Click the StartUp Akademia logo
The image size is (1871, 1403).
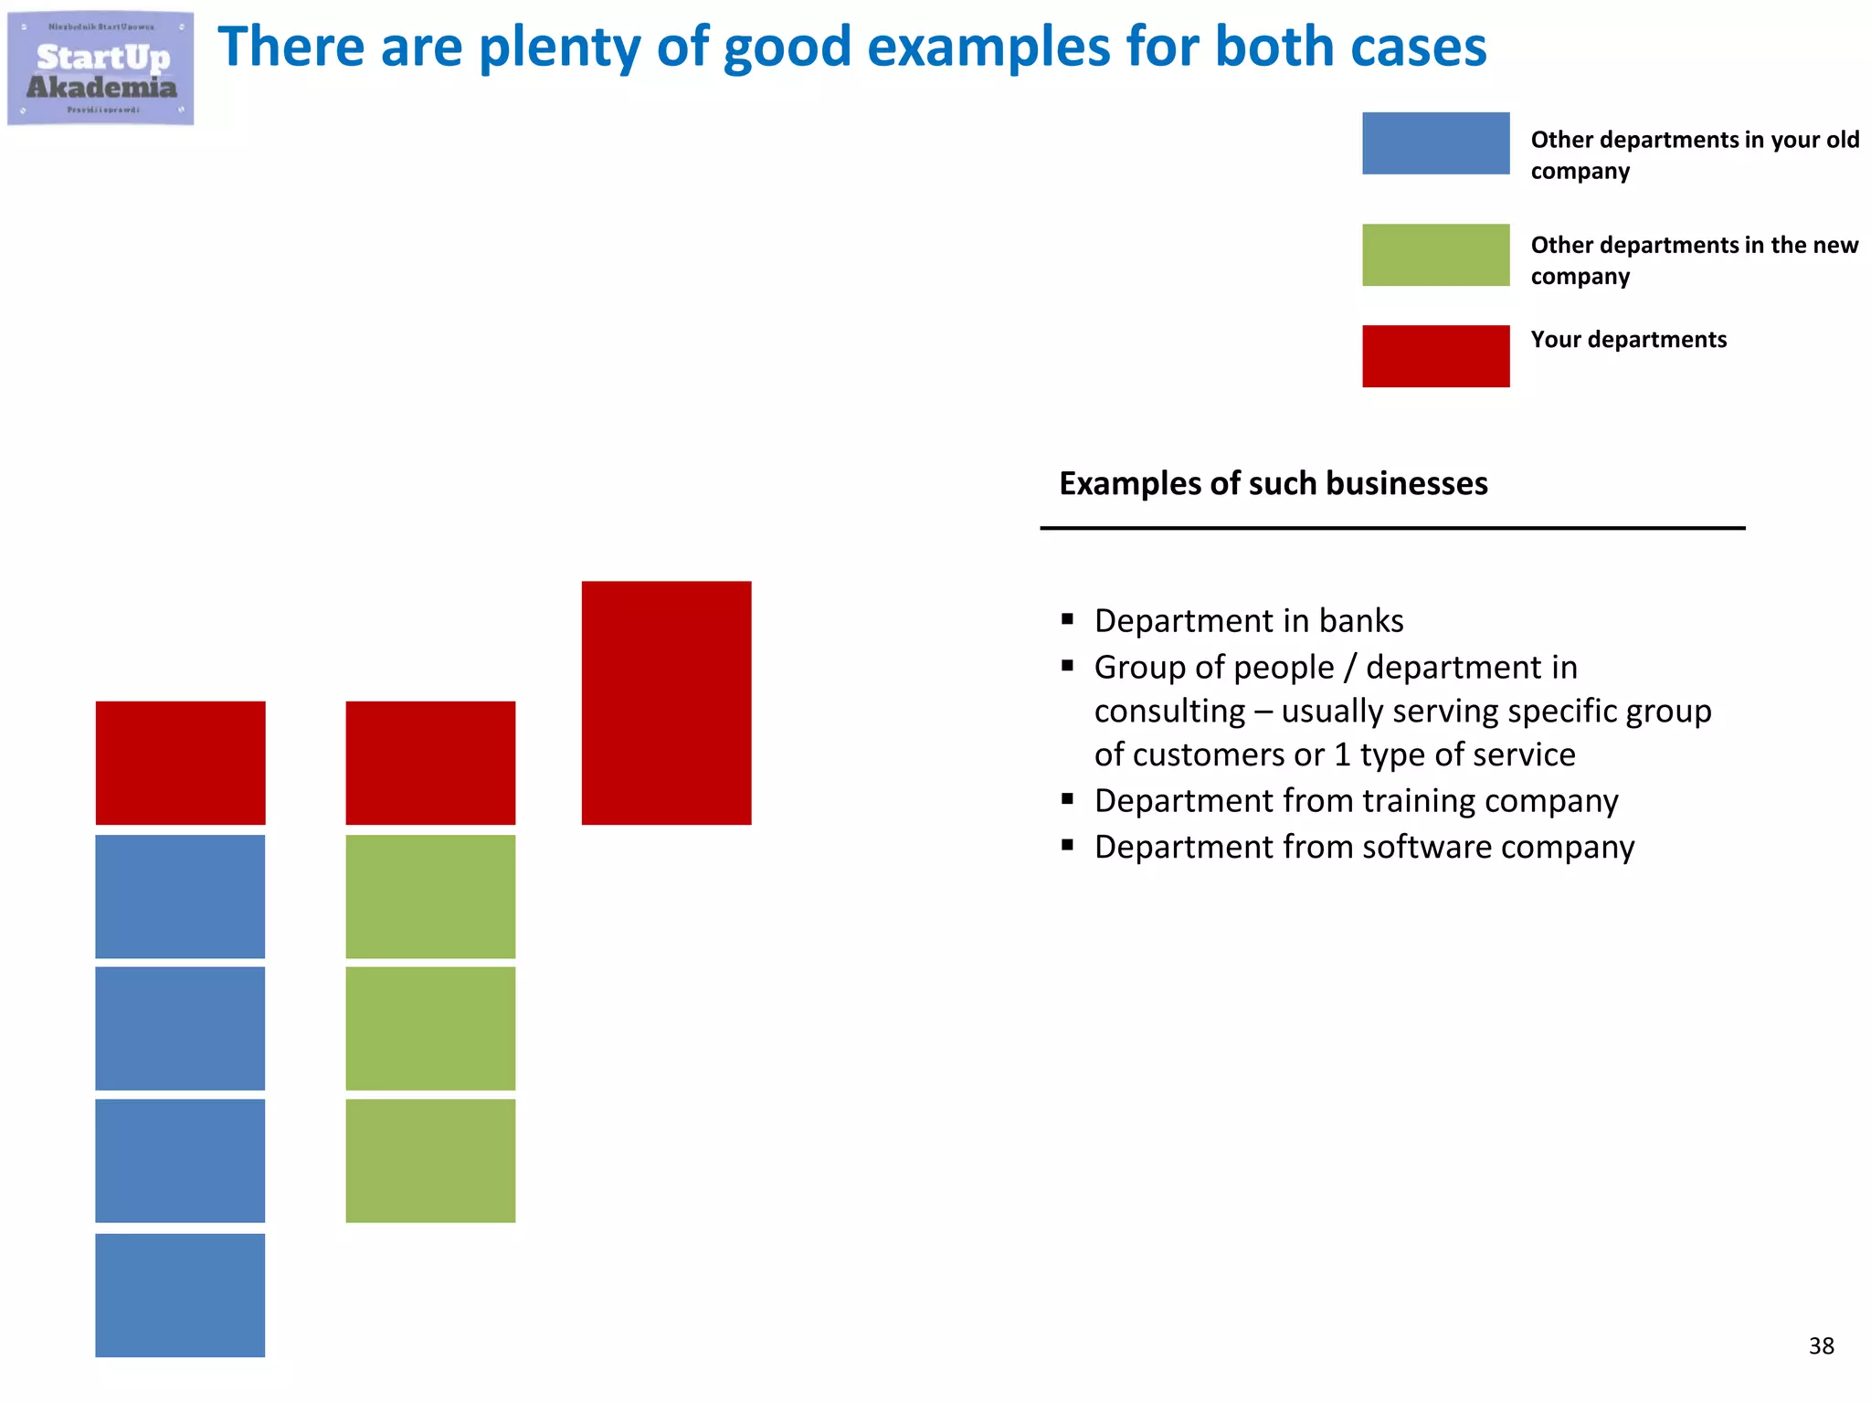click(100, 69)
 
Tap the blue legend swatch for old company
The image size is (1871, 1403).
click(1435, 143)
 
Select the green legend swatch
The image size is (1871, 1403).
click(1435, 255)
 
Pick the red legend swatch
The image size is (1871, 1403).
click(1435, 356)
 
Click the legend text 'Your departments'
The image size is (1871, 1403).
click(1628, 340)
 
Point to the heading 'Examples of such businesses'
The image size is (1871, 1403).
click(1273, 483)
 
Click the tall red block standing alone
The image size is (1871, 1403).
click(666, 702)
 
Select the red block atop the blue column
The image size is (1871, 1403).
click(180, 763)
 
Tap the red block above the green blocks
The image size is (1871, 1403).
click(430, 763)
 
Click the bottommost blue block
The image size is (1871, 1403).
click(180, 1295)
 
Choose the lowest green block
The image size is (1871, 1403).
click(430, 1160)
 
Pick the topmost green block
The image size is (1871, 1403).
click(430, 896)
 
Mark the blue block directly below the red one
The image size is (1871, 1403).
click(180, 896)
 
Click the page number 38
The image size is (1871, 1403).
click(1821, 1345)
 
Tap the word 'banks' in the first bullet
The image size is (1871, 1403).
click(1361, 621)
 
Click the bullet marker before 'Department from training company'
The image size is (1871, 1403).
click(1067, 799)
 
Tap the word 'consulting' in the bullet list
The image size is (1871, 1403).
click(1169, 712)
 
